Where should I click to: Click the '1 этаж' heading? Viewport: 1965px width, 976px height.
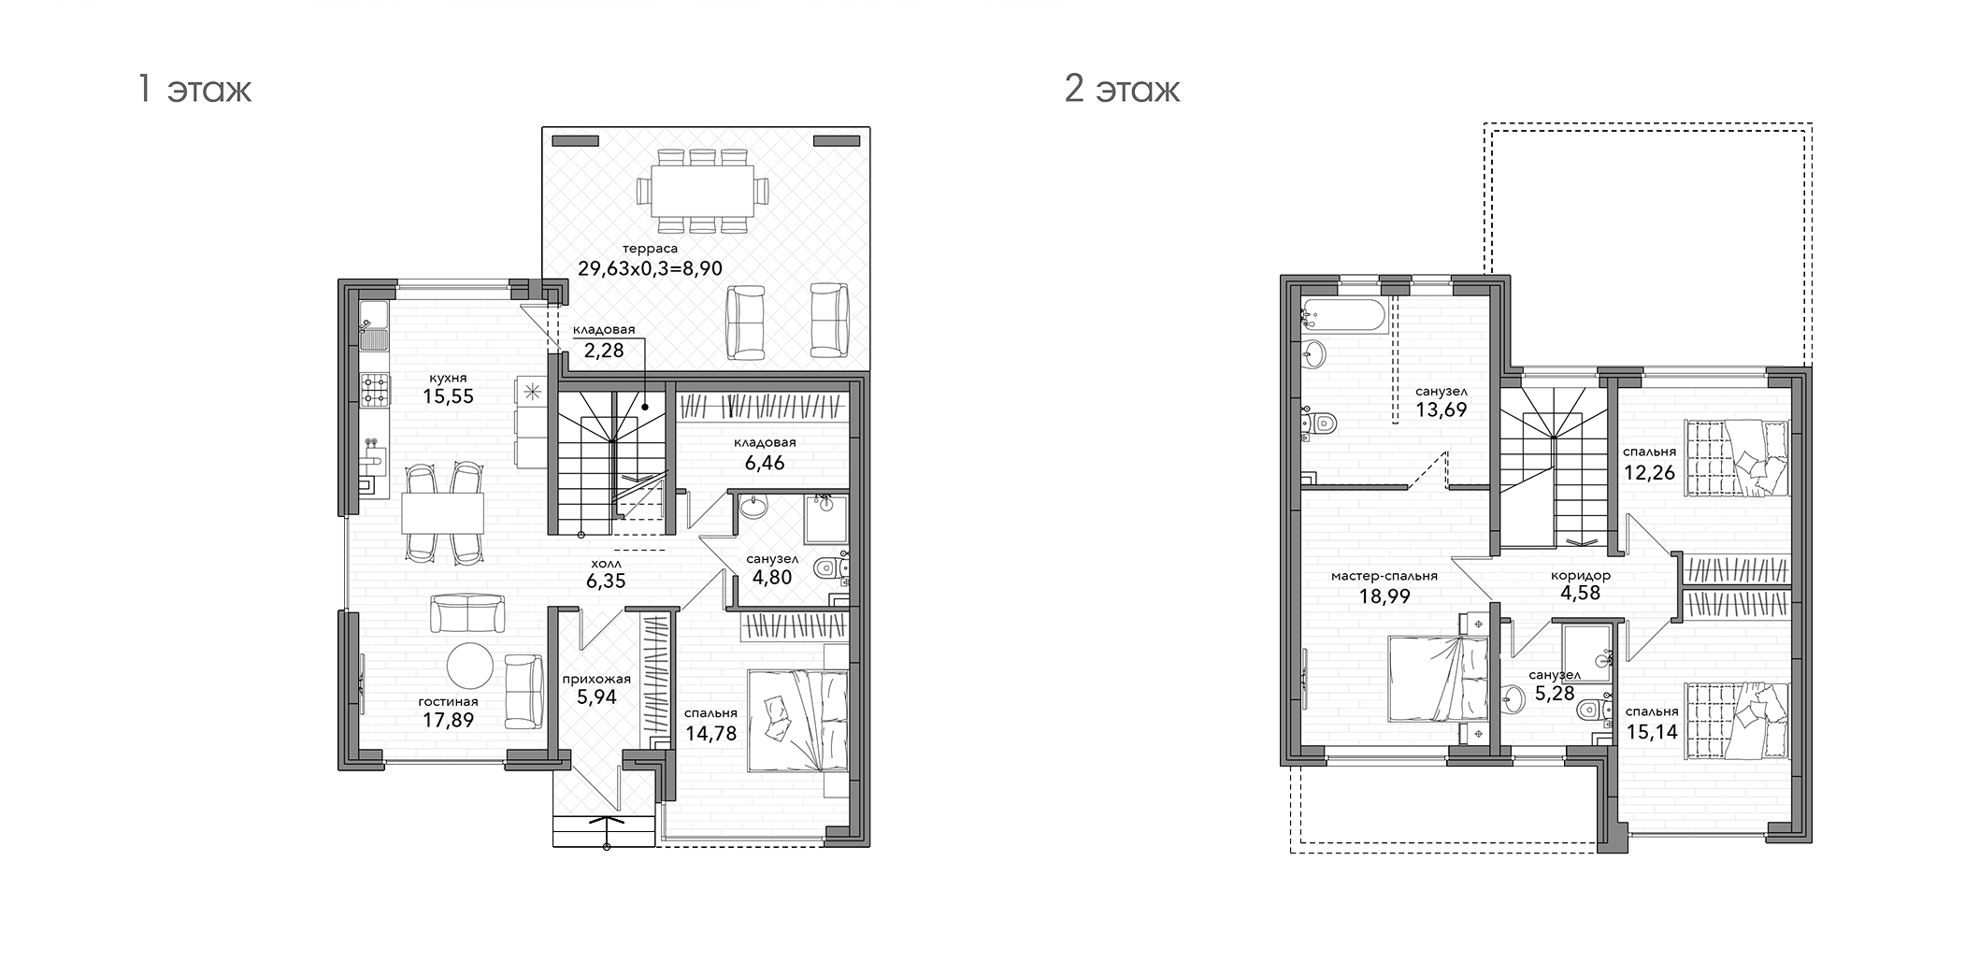(194, 91)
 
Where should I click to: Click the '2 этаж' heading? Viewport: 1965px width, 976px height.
(1122, 91)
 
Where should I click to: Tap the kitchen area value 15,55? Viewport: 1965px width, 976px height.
(448, 396)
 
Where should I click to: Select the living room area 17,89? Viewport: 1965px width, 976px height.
(448, 720)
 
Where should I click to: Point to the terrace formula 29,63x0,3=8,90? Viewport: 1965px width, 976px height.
(651, 268)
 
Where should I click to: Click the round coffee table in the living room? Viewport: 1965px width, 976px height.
(469, 666)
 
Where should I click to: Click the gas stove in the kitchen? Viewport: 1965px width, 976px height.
(376, 390)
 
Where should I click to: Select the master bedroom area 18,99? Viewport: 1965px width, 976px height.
(1384, 596)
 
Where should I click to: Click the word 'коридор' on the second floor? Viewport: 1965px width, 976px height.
(1580, 576)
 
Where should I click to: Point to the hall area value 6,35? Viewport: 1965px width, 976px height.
(606, 581)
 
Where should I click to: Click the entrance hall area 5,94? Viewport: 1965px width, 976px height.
(596, 696)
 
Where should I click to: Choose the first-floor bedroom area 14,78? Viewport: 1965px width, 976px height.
(710, 733)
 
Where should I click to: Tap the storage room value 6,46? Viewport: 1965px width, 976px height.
(765, 462)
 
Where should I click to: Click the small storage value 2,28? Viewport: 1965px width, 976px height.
(604, 352)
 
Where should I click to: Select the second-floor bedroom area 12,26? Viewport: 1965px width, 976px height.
(1649, 472)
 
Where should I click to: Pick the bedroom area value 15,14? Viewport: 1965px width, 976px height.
(1652, 731)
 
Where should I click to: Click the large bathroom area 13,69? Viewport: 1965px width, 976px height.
(1441, 409)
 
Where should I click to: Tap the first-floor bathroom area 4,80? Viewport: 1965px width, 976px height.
(772, 577)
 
